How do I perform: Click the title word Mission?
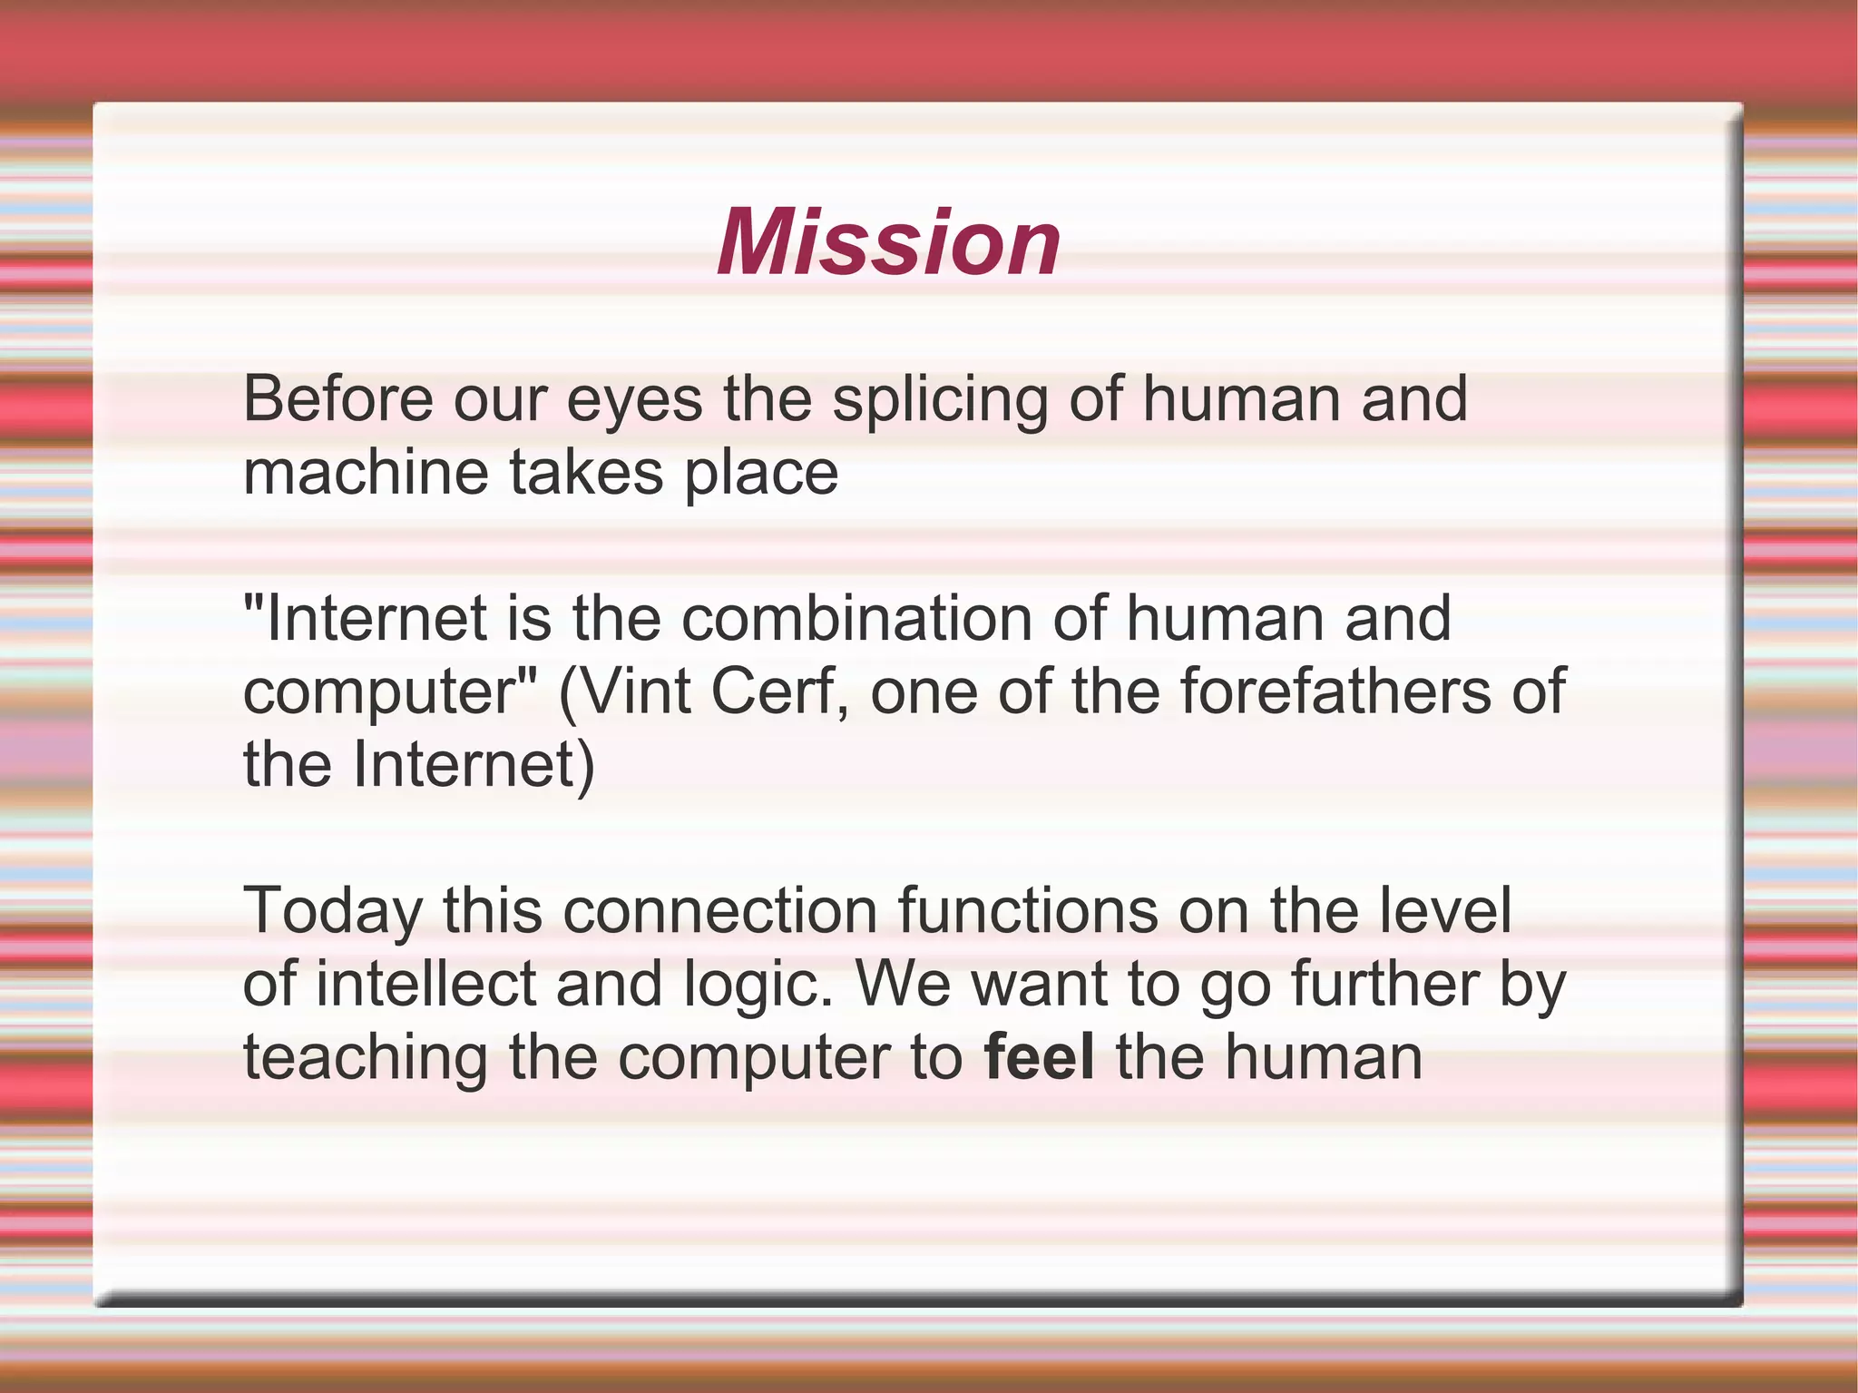888,242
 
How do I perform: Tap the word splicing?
940,401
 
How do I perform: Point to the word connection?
720,911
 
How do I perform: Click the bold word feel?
1040,1058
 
